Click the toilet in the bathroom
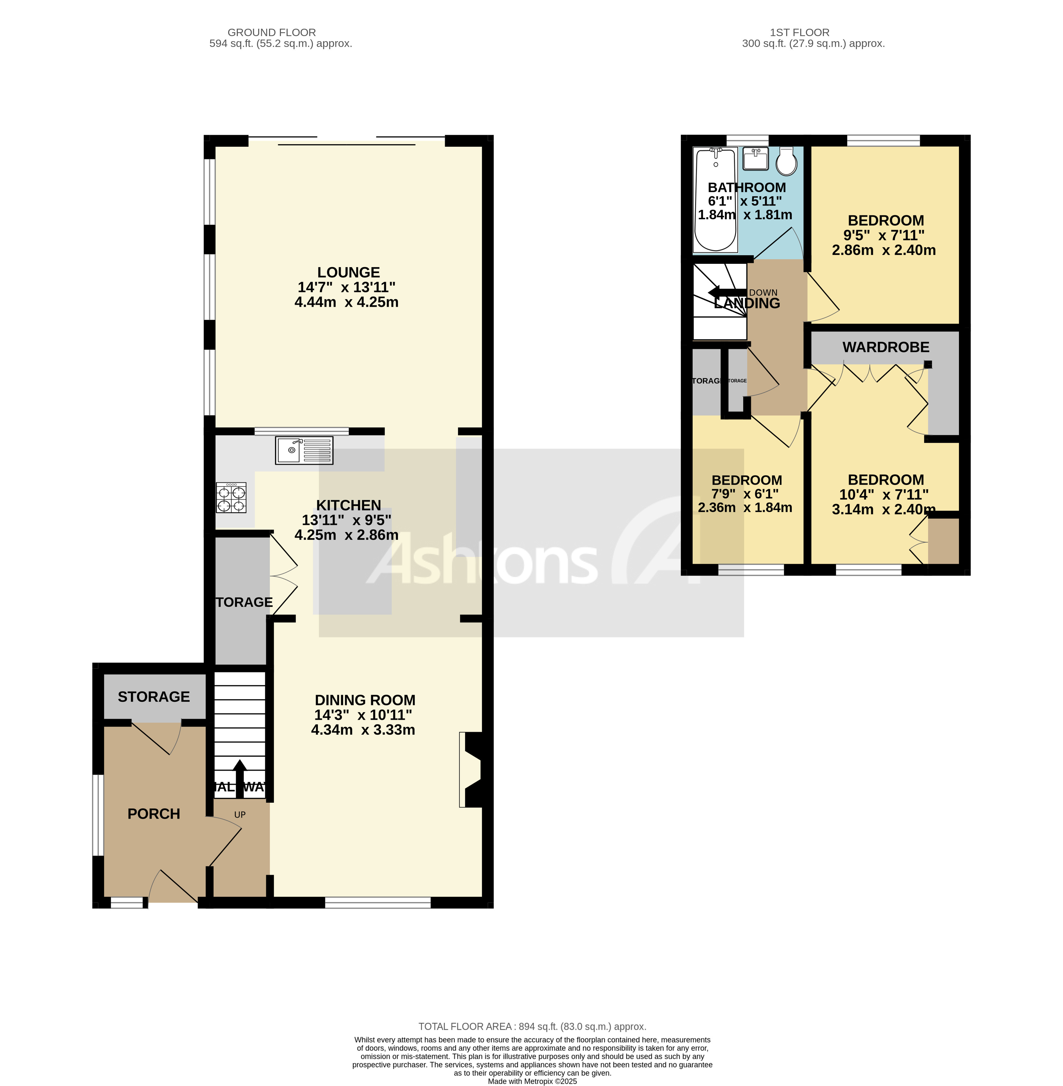(787, 161)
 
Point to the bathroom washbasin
(755, 159)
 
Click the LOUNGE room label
(348, 272)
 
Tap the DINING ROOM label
(365, 700)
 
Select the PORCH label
(154, 814)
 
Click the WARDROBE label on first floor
(886, 347)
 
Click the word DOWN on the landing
(763, 293)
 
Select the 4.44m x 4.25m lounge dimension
(346, 302)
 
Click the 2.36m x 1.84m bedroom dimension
(745, 507)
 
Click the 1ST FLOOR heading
(799, 32)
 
